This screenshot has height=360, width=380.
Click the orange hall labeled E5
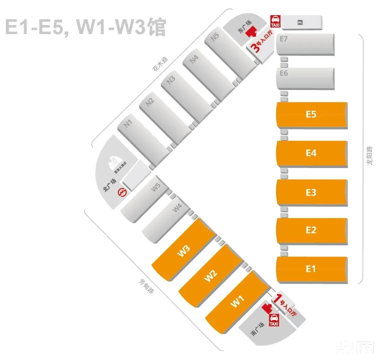pyautogui.click(x=311, y=115)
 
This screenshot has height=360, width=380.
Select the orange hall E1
pyautogui.click(x=311, y=269)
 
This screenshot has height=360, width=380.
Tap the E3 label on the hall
pyautogui.click(x=311, y=192)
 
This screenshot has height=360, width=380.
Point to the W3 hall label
pyautogui.click(x=184, y=251)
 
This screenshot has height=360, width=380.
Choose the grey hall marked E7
pyautogui.click(x=305, y=44)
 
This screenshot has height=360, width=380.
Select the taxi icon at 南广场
pyautogui.click(x=274, y=320)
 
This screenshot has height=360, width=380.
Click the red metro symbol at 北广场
pyautogui.click(x=123, y=192)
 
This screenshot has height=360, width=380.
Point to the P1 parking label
pyautogui.click(x=300, y=23)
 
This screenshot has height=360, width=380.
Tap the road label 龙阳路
pyautogui.click(x=369, y=156)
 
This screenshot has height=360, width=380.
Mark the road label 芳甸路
pyautogui.click(x=145, y=286)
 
